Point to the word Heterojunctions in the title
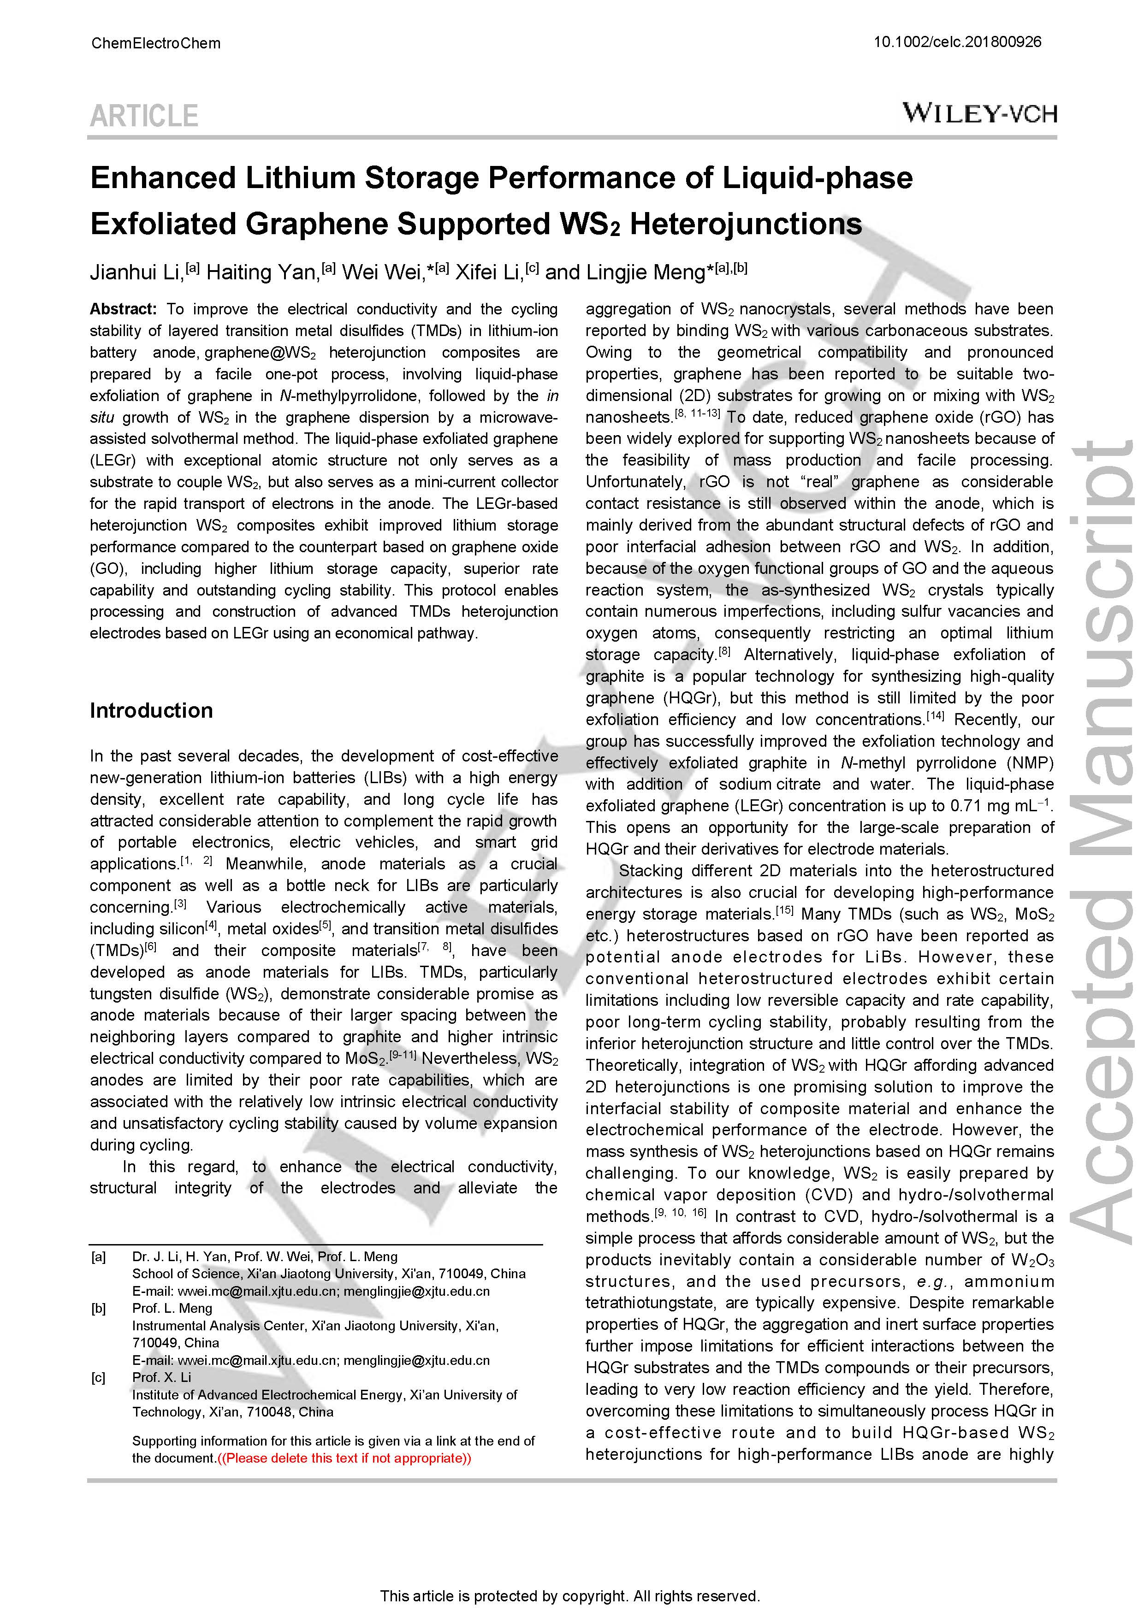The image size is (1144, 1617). pos(745,224)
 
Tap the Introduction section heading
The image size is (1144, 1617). pos(151,711)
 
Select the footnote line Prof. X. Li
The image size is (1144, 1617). pos(161,1377)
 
